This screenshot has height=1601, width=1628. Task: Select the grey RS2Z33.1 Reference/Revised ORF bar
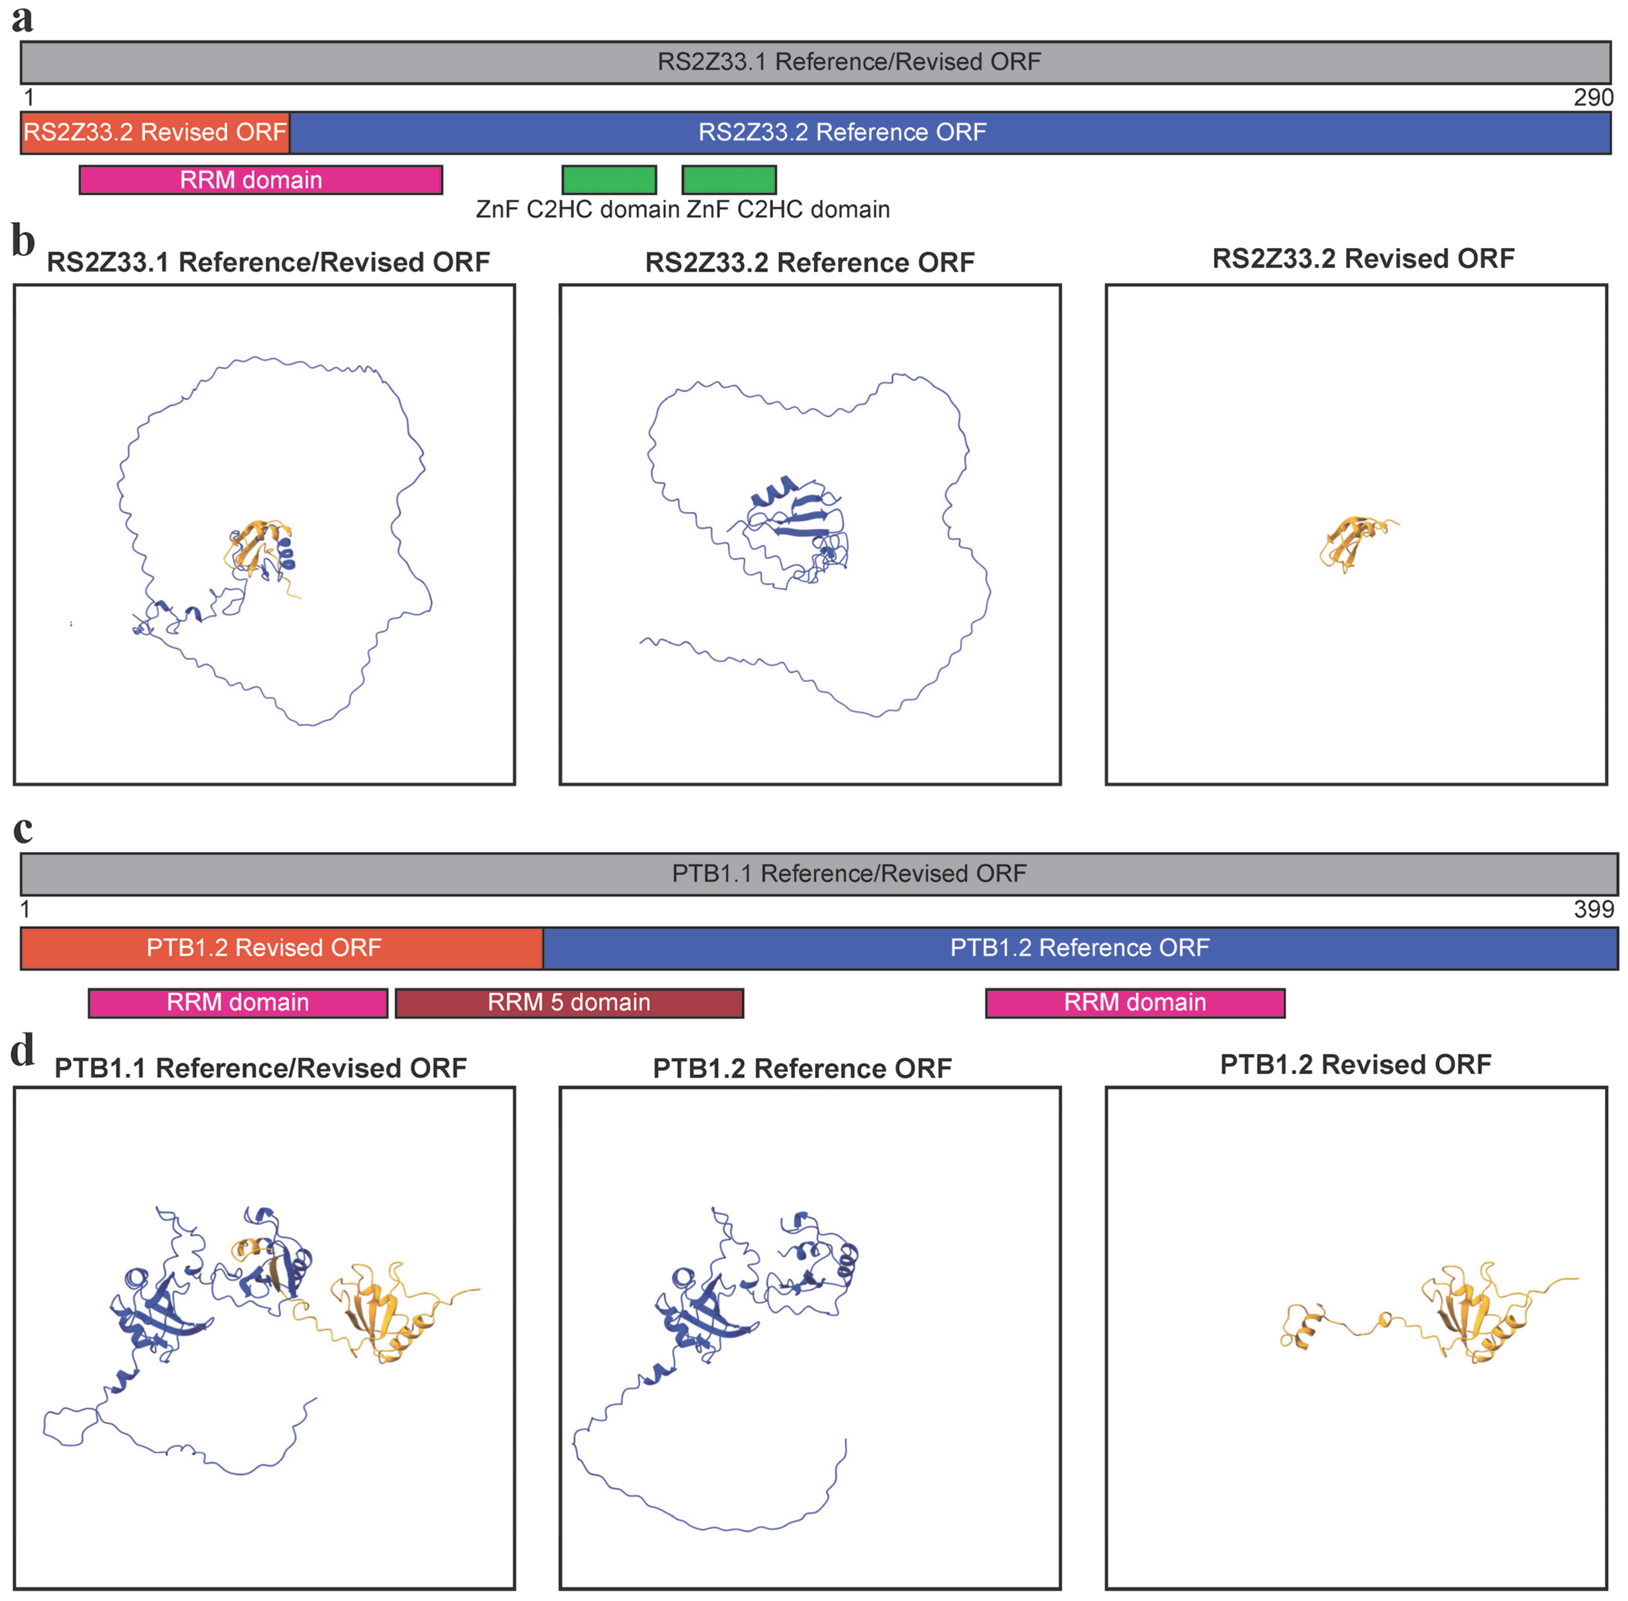coord(815,62)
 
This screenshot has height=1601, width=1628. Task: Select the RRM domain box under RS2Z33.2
coord(261,180)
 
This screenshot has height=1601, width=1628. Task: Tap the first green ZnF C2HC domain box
coord(609,180)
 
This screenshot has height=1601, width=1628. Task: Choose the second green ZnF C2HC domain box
coord(729,180)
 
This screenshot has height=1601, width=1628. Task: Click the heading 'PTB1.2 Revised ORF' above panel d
coord(1356,1065)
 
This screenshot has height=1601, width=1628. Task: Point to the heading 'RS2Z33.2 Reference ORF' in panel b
coord(809,262)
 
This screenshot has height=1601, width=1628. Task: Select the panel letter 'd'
coord(23,1051)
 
